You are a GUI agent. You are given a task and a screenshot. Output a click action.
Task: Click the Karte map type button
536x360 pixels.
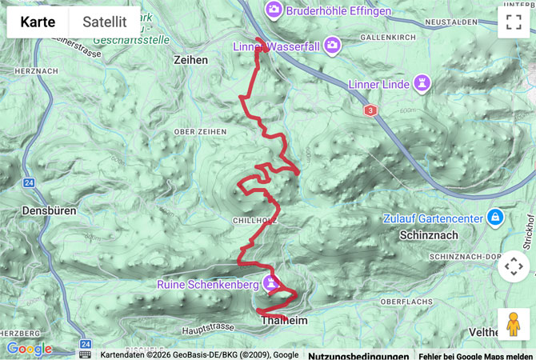[38, 22]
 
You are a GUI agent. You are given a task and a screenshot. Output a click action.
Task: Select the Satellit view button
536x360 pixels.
[105, 22]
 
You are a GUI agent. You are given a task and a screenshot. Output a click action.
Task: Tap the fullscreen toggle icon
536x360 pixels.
[513, 22]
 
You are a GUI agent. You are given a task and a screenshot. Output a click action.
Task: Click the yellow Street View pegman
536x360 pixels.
[513, 324]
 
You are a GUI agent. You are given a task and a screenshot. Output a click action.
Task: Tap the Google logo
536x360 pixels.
[29, 349]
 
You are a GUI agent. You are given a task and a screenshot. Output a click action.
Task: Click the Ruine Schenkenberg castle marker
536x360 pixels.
[273, 283]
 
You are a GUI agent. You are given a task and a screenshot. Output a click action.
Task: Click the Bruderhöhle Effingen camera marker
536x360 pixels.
[274, 10]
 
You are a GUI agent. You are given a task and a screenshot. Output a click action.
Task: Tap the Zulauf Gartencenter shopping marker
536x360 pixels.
[495, 217]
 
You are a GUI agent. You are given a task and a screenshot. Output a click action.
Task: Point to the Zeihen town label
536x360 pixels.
[190, 60]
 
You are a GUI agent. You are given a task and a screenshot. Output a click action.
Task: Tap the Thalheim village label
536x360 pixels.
[284, 320]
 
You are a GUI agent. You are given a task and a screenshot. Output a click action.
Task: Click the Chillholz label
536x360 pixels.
[254, 220]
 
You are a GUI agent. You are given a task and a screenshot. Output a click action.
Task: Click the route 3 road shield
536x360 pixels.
[370, 110]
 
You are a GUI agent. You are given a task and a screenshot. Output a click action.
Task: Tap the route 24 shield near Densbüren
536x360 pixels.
[29, 183]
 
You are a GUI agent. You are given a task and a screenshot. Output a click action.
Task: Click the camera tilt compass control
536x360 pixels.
[513, 266]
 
